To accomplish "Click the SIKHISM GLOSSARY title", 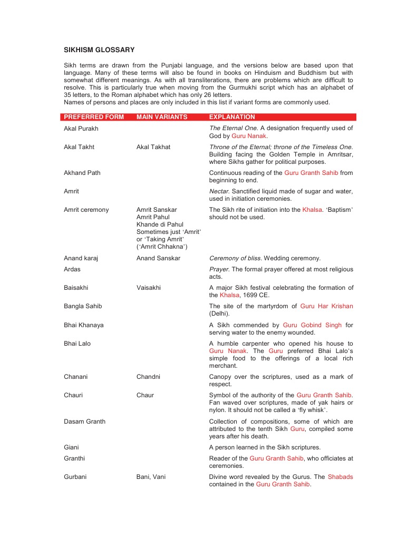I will (x=99, y=50).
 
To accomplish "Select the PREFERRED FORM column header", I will (x=94, y=117).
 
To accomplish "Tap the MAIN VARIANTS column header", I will (x=162, y=117).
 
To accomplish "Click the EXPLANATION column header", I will (x=232, y=117).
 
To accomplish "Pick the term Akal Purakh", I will (x=81, y=129).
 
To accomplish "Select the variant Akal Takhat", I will (x=153, y=147).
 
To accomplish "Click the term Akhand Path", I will (x=82, y=173).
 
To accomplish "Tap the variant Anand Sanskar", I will (x=158, y=258).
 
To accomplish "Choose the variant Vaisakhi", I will (x=149, y=288).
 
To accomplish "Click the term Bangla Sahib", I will (x=83, y=306).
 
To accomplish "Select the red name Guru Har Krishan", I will (x=326, y=306).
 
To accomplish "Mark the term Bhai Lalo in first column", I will (x=77, y=344).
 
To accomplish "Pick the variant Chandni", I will (x=148, y=377).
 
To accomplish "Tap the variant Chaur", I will (x=145, y=395).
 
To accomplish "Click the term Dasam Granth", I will (x=84, y=422).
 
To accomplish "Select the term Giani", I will (x=71, y=447).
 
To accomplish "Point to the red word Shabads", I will (x=340, y=477).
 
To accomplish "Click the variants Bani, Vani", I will (x=151, y=477).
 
